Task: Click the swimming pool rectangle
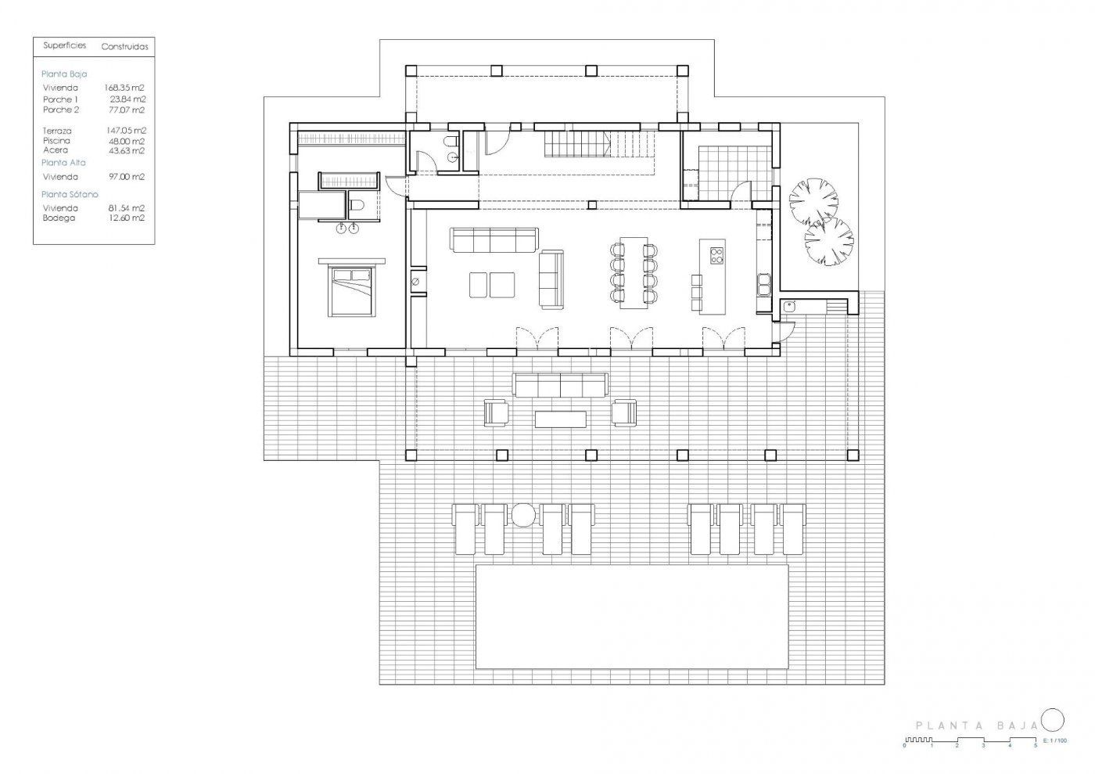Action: tap(632, 617)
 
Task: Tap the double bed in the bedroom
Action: tap(352, 292)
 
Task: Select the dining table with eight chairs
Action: tap(634, 272)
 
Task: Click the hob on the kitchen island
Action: tap(716, 255)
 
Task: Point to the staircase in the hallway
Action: tap(600, 144)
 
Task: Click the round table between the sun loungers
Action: tap(523, 515)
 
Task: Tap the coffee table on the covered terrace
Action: tap(560, 419)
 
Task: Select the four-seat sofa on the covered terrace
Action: tap(560, 384)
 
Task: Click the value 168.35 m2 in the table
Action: tap(124, 88)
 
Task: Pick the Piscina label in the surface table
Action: tap(56, 140)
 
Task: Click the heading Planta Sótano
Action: tap(70, 194)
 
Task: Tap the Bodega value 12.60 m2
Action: tap(127, 218)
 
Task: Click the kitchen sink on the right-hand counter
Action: tap(763, 284)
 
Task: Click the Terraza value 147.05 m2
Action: tap(127, 131)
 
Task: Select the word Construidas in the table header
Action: tap(124, 47)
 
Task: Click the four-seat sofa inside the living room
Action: tap(494, 239)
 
